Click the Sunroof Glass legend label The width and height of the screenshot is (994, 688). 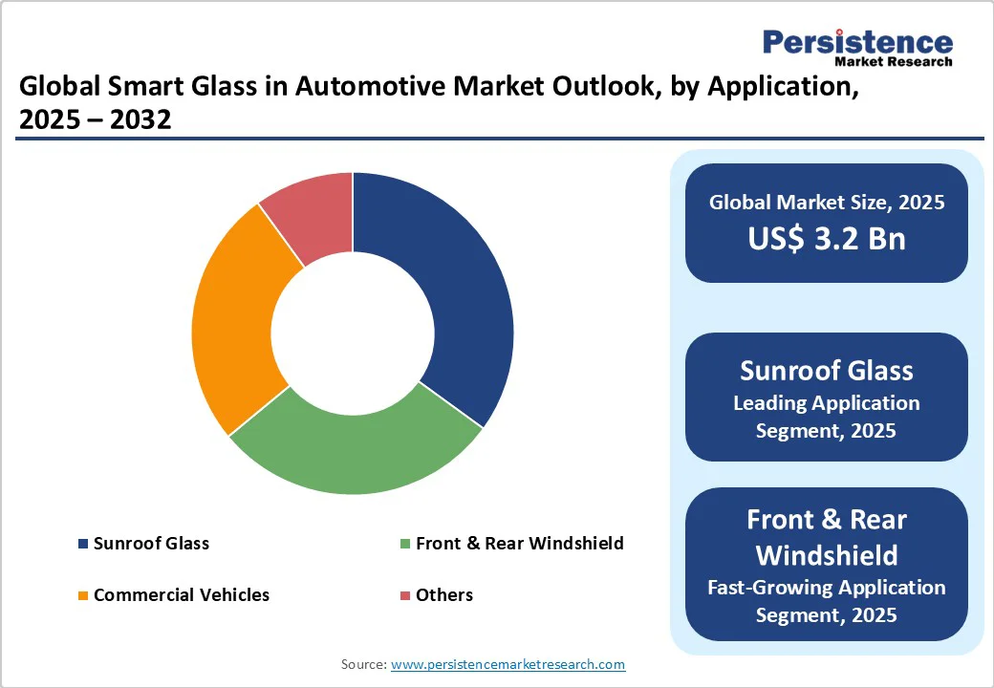151,544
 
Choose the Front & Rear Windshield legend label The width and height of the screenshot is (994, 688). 519,544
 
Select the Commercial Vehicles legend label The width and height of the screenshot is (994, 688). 182,595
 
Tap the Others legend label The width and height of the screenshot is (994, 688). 443,595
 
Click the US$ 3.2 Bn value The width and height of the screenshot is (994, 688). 826,238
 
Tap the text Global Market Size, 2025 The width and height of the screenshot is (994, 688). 826,202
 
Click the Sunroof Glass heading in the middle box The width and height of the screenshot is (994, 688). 826,370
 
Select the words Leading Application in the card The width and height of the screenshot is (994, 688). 826,403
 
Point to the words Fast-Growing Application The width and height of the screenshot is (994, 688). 826,587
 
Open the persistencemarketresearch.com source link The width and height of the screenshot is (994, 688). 508,664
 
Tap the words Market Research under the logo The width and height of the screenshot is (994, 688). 893,62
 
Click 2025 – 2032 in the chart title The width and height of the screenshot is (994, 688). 95,120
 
